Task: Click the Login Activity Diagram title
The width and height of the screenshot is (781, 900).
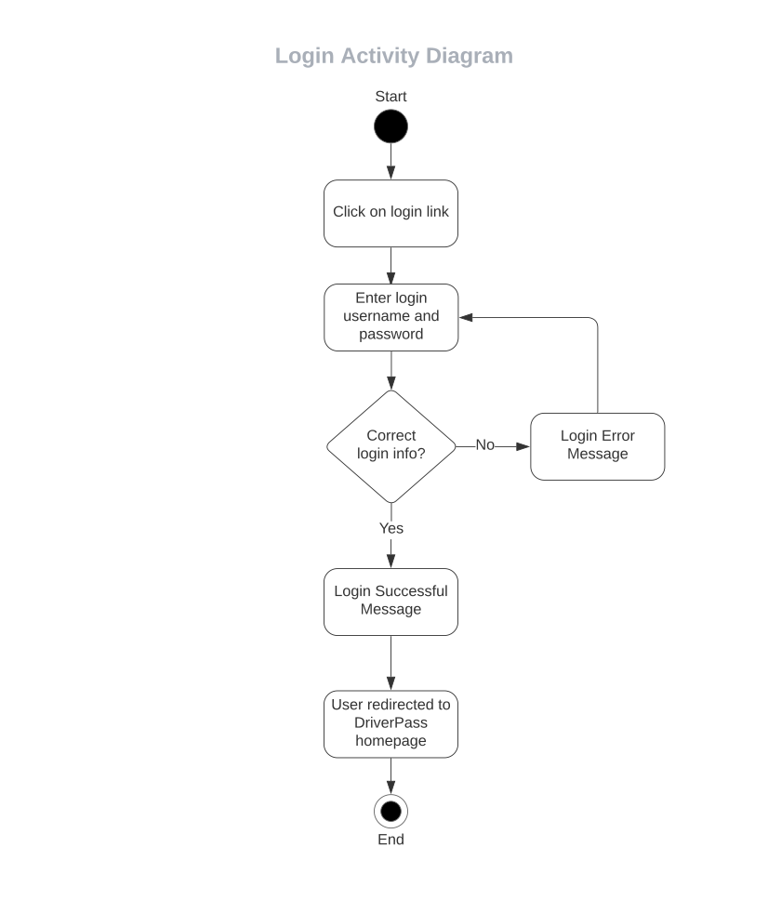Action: click(393, 56)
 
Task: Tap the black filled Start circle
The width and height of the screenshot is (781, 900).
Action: click(390, 126)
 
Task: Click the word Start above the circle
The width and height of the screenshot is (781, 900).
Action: click(390, 97)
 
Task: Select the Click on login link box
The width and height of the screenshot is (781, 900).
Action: click(390, 213)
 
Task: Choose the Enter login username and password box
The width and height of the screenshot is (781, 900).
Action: click(390, 317)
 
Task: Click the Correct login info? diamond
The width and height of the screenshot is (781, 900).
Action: click(390, 445)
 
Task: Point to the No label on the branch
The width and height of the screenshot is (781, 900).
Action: click(484, 445)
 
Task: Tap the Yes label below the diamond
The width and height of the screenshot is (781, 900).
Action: click(390, 528)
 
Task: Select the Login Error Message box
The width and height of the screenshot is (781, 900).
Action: click(597, 445)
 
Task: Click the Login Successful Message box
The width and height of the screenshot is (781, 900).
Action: click(390, 601)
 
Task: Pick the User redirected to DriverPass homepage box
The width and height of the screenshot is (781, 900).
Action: click(390, 723)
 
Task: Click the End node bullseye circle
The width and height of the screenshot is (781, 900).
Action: click(390, 812)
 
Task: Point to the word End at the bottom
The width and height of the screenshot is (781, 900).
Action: click(390, 840)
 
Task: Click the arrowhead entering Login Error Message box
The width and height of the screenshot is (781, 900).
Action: click(523, 446)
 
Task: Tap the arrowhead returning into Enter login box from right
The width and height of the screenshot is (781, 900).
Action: click(467, 317)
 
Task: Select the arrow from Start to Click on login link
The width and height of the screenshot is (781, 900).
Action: click(390, 162)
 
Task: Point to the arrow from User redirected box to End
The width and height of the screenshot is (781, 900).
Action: click(390, 775)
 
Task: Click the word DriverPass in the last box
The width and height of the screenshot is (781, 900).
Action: click(390, 722)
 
